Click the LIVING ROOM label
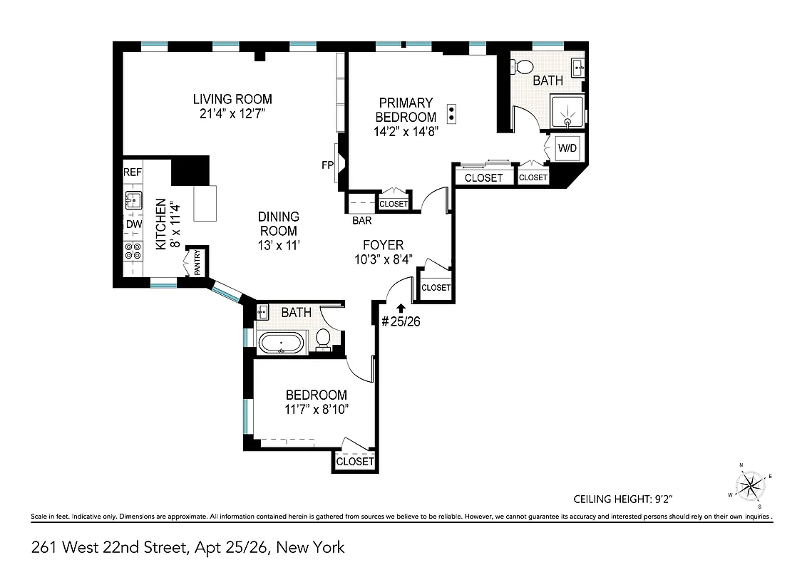point(232,99)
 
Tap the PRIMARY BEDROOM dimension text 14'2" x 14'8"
point(406,131)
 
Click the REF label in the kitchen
point(133,172)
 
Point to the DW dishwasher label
point(133,224)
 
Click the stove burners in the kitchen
point(133,250)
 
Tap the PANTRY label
point(197,261)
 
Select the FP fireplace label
point(328,165)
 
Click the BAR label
point(361,220)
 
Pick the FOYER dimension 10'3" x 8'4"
point(386,259)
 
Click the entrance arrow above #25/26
point(401,308)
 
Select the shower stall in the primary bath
point(567,113)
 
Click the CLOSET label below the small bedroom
point(355,462)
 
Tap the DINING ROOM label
point(278,224)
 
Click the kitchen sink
point(133,199)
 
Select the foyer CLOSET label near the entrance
point(436,288)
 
